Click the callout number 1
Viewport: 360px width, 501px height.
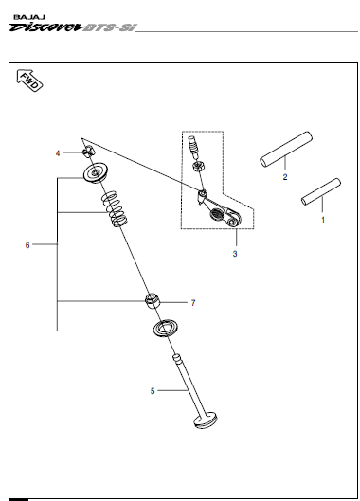tap(323, 220)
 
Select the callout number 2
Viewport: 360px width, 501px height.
tap(285, 177)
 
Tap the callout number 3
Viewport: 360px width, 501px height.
tap(235, 254)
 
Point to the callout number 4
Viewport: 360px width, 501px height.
tap(58, 153)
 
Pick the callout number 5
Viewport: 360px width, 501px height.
tap(153, 391)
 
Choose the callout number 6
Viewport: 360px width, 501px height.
tap(27, 245)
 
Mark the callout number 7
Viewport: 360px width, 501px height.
tap(193, 302)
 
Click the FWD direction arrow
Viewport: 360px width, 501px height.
tap(29, 80)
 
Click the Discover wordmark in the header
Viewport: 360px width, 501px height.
tap(45, 27)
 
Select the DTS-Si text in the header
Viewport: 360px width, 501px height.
tap(109, 27)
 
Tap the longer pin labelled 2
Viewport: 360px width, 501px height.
tap(286, 149)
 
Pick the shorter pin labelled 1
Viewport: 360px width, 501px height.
tap(321, 191)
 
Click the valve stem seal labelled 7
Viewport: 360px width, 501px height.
tap(152, 300)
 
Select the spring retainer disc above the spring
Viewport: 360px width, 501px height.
tap(96, 173)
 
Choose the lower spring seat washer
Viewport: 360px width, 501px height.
tap(166, 328)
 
